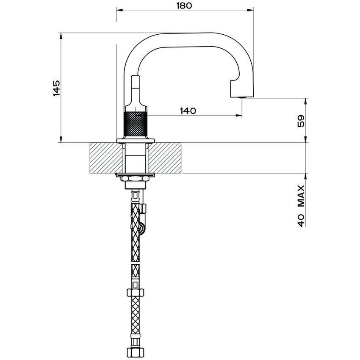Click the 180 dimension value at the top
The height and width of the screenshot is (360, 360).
(185, 6)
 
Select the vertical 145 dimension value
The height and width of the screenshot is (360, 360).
(56, 88)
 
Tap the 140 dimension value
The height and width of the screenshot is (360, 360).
(188, 111)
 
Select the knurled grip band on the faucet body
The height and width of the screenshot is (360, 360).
(135, 125)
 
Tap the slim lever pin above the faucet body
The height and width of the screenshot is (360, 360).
(135, 87)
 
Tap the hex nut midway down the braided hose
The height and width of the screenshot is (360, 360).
(135, 292)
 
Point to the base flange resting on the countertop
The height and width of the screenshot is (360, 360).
(135, 141)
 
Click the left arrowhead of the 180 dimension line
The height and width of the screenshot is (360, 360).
(119, 9)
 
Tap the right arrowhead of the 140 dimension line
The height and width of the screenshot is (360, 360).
(239, 115)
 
